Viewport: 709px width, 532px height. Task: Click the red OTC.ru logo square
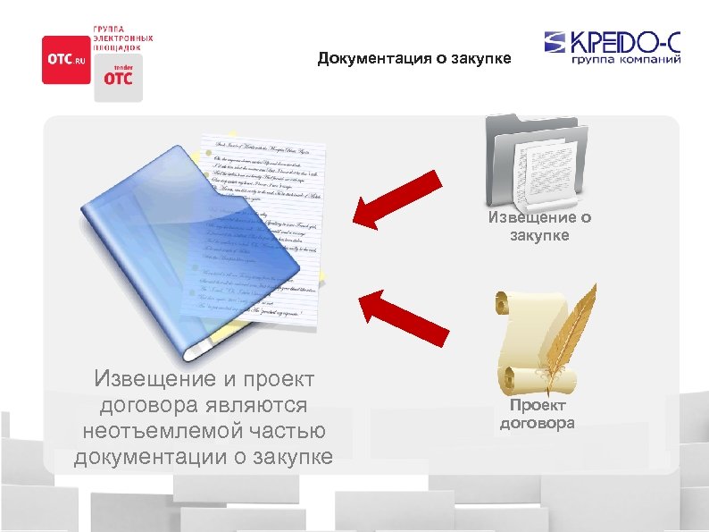(66, 59)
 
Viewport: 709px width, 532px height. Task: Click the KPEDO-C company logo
(612, 43)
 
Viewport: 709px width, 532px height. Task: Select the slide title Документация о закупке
(414, 59)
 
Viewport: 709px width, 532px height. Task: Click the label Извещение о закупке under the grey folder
(538, 226)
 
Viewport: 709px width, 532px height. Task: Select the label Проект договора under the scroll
(538, 415)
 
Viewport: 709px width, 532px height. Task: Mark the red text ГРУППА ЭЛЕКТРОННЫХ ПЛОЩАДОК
(123, 38)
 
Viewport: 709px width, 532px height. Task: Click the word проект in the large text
(274, 379)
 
